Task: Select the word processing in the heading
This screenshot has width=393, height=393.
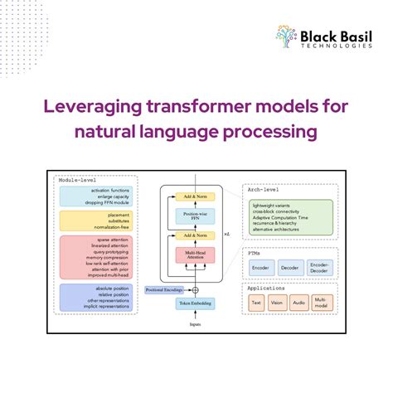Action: (274, 132)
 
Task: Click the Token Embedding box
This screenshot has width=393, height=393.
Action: (195, 303)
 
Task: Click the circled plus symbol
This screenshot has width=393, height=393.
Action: (196, 289)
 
